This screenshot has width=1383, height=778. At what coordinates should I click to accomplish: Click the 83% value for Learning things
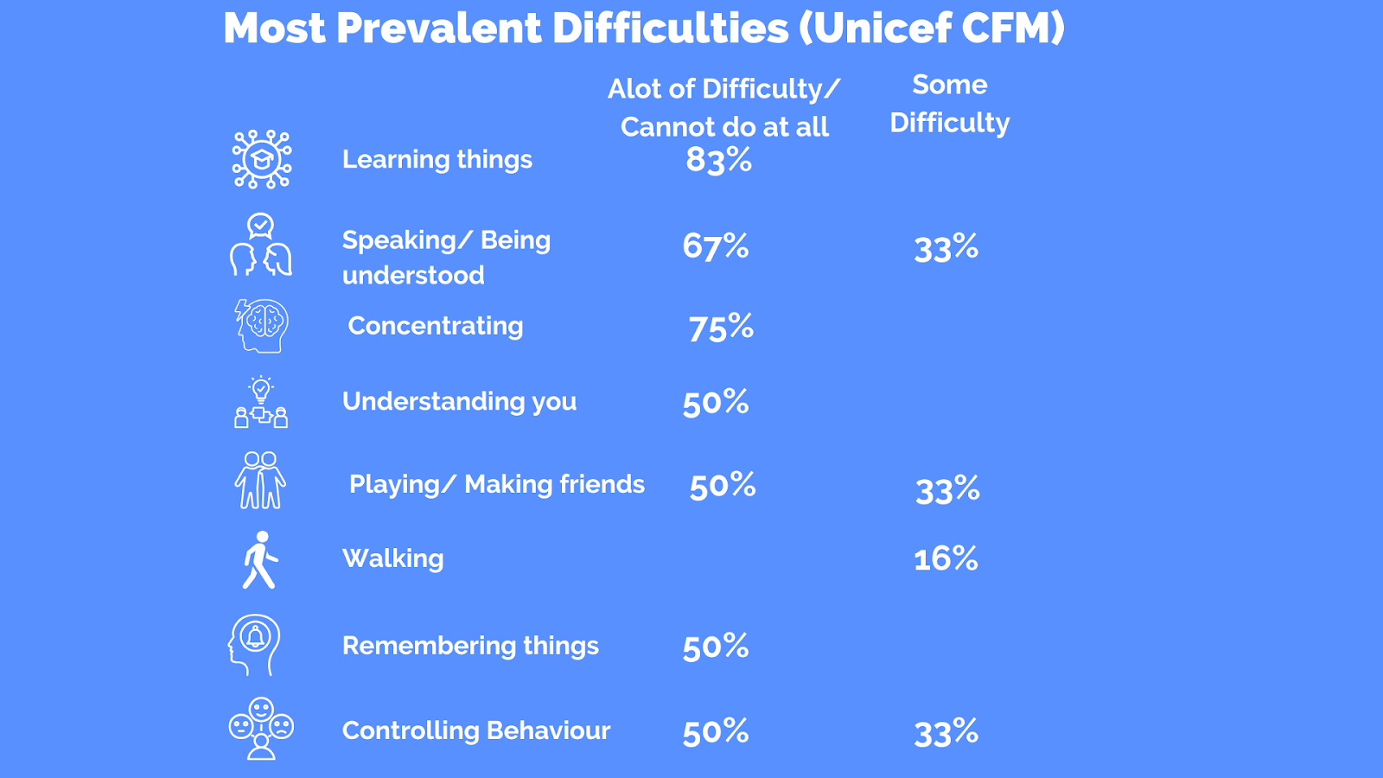click(718, 160)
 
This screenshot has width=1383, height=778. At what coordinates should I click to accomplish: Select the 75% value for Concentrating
click(721, 327)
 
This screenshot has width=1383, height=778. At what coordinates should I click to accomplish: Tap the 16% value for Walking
click(946, 558)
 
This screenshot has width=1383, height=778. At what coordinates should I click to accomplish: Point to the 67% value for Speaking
click(716, 246)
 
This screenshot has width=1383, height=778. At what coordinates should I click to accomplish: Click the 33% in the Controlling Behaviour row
click(946, 733)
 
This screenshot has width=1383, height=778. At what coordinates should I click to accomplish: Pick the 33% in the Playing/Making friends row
click(947, 489)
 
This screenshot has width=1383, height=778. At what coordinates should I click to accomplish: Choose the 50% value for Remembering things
click(716, 647)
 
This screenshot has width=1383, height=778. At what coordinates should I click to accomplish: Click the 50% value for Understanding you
click(716, 402)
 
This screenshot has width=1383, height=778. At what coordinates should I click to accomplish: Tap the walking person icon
click(260, 560)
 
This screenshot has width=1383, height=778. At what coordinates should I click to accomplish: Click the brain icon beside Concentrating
click(262, 326)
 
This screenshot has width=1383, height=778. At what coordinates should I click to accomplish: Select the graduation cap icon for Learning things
click(262, 159)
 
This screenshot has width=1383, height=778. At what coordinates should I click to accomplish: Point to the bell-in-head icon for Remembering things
click(254, 645)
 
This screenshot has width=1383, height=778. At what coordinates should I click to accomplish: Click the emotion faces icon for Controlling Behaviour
click(261, 728)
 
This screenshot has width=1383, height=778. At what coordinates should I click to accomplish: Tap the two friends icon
click(260, 481)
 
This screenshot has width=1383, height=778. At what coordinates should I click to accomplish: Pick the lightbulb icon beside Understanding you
click(261, 402)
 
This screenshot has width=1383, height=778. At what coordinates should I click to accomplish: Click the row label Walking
click(393, 558)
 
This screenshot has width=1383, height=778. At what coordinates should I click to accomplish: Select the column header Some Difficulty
click(950, 104)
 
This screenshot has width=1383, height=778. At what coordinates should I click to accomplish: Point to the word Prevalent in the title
click(440, 28)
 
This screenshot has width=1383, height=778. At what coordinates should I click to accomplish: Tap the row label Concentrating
click(436, 326)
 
